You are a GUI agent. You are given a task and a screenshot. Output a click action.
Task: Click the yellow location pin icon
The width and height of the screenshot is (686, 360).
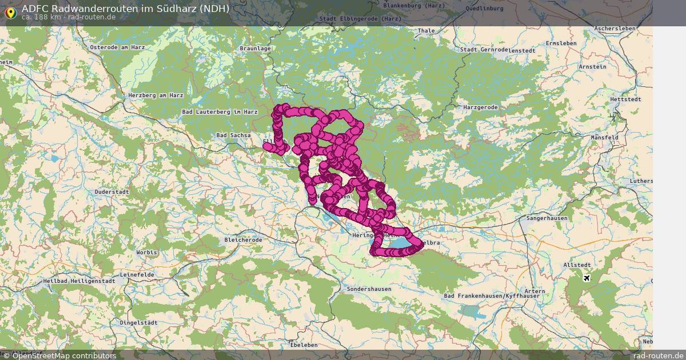click(10, 13)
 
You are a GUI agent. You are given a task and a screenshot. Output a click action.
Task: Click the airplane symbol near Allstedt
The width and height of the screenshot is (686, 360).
click(586, 278)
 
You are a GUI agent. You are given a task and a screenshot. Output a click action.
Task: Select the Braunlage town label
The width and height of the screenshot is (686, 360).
click(255, 49)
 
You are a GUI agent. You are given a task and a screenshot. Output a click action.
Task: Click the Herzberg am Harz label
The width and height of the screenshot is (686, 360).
click(155, 95)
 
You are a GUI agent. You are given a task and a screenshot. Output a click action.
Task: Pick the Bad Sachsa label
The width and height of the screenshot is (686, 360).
click(233, 135)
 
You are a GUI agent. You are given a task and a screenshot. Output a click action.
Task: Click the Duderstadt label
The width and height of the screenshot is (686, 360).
click(112, 192)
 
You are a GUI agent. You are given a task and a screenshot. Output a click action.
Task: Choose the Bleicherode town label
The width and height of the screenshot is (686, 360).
click(244, 240)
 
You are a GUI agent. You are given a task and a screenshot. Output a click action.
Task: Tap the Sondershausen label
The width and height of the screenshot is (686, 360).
click(369, 289)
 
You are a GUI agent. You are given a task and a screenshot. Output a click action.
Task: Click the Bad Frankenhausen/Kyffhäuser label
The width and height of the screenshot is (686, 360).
click(492, 295)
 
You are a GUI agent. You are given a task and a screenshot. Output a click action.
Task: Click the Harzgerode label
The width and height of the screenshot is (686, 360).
click(480, 107)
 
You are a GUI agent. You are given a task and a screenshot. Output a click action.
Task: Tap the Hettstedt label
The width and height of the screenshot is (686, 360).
click(623, 99)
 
